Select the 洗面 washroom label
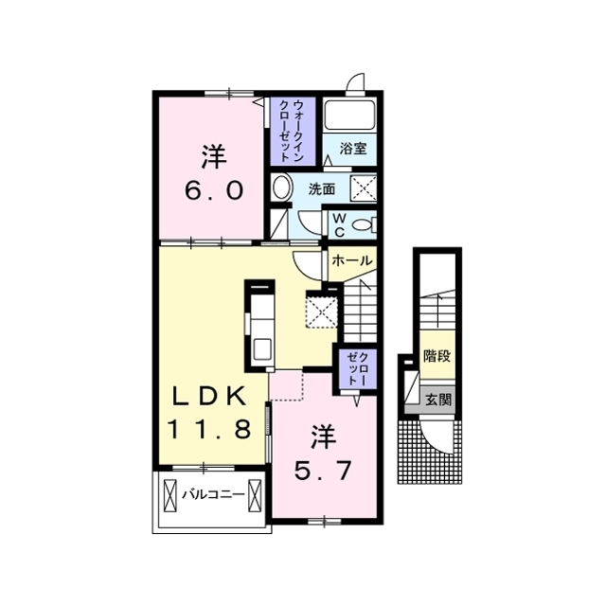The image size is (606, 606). click(320, 188)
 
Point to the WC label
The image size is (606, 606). click(338, 224)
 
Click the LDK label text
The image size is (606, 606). click(210, 395)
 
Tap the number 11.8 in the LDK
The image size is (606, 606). click(210, 429)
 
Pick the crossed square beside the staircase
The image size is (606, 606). click(322, 309)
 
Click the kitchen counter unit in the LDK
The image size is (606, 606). click(260, 322)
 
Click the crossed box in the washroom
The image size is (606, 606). click(365, 187)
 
